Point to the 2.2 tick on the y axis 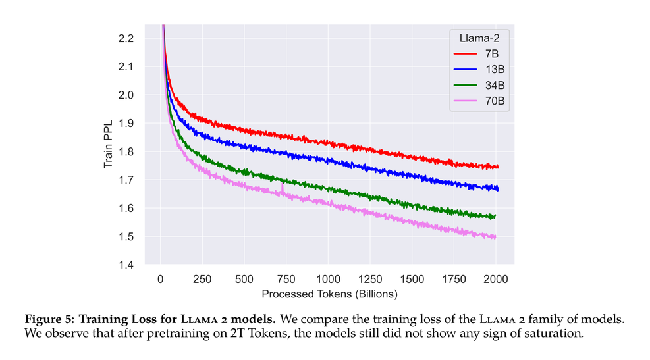point(125,38)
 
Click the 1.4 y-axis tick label point(125,265)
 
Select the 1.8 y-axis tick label point(125,151)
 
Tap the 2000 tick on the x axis point(496,278)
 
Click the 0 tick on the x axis point(160,278)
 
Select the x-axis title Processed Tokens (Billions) point(329,294)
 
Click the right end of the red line point(498,167)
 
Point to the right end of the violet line point(495,237)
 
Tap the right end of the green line point(495,216)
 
